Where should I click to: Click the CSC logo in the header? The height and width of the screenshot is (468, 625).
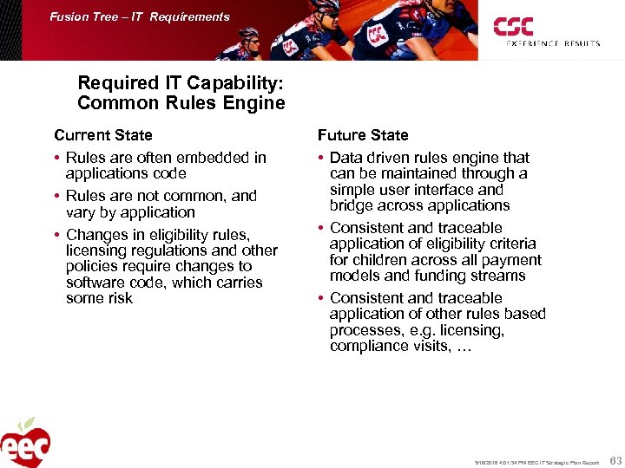pyautogui.click(x=515, y=26)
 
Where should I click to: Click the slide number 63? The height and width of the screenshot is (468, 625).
pyautogui.click(x=615, y=460)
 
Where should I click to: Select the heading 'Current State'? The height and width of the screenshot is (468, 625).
pyautogui.click(x=102, y=135)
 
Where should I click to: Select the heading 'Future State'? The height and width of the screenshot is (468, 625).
pyautogui.click(x=362, y=135)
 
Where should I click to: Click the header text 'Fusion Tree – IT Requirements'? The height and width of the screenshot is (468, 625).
pyautogui.click(x=140, y=16)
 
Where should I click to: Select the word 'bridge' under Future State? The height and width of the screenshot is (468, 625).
pyautogui.click(x=352, y=205)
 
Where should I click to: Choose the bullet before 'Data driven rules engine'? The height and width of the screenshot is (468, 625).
pyautogui.click(x=321, y=158)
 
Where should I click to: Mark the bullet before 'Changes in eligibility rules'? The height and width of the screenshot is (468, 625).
pyautogui.click(x=57, y=235)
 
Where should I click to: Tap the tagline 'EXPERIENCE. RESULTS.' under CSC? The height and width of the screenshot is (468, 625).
pyautogui.click(x=553, y=43)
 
